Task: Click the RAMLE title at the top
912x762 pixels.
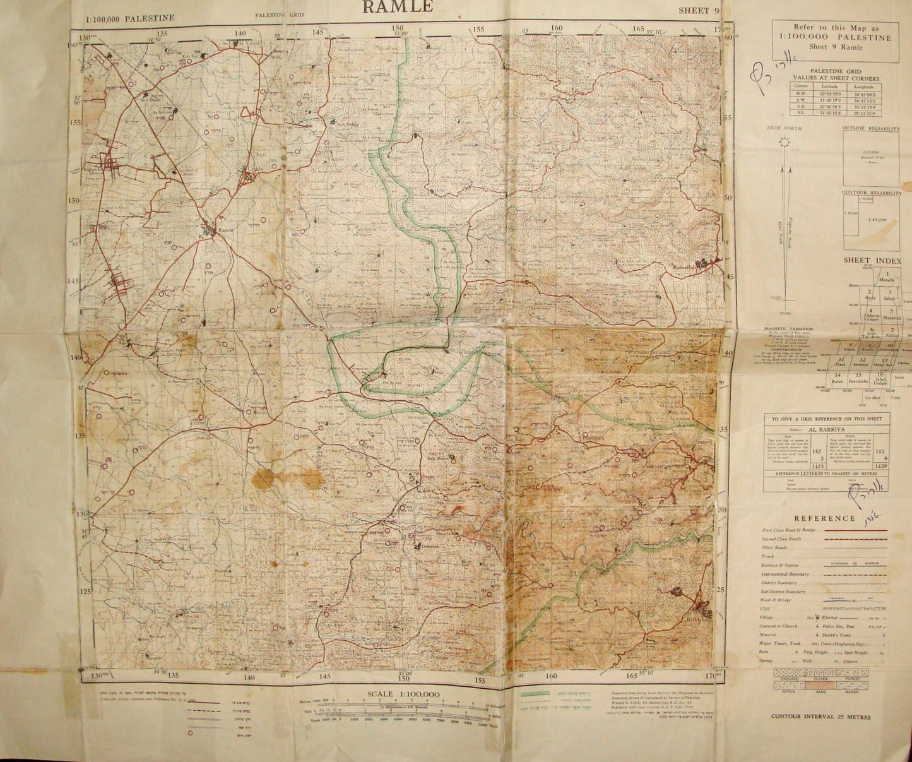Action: [x=397, y=6]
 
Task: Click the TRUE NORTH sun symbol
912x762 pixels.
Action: [x=785, y=143]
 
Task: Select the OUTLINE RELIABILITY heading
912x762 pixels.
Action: [x=870, y=129]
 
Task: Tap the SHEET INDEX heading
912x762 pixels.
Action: [x=872, y=260]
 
